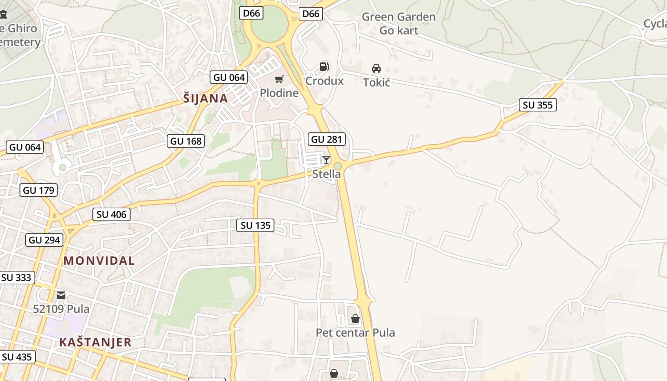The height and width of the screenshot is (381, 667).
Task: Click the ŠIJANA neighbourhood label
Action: coord(206,99)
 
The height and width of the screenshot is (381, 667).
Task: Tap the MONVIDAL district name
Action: coord(99,261)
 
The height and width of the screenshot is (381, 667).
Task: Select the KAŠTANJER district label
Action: coord(95,342)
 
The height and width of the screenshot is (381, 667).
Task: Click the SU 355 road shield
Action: coord(538,105)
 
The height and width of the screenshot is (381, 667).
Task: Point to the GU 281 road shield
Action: coord(327,139)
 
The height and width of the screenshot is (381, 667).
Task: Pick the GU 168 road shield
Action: coord(186,141)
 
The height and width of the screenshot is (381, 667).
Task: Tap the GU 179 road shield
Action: coord(39,190)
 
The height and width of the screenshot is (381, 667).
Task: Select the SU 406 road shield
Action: coord(111,214)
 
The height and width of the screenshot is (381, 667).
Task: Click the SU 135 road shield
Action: coord(256,225)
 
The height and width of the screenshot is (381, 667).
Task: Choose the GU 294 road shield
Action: coord(45,240)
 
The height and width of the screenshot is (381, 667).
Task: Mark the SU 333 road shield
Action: coord(17,277)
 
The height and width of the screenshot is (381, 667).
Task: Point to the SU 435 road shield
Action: coord(18,357)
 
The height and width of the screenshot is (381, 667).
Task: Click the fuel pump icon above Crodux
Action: coord(324,67)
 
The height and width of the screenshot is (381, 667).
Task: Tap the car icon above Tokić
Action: coord(376,68)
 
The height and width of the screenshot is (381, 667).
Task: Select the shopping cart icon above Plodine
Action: coord(279,79)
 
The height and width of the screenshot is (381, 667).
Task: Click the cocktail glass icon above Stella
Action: coord(326,160)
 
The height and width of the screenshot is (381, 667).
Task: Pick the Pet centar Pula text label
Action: coord(355,332)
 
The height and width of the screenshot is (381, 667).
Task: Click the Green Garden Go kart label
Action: coord(399,24)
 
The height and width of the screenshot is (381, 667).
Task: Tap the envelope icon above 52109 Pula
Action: coord(61,295)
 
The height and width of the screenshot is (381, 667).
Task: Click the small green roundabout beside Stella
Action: coord(338,166)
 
